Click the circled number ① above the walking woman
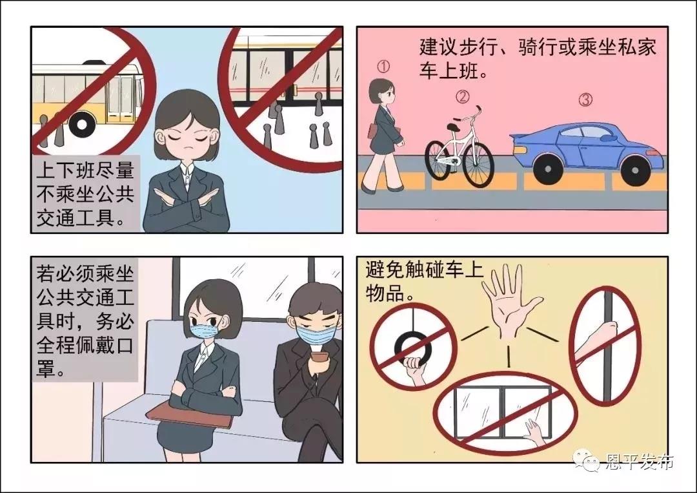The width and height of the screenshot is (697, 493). click(383, 67)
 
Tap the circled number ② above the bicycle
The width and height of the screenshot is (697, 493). click(463, 96)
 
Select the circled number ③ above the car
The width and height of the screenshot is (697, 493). click(585, 100)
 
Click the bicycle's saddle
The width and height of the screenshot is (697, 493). click(454, 127)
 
